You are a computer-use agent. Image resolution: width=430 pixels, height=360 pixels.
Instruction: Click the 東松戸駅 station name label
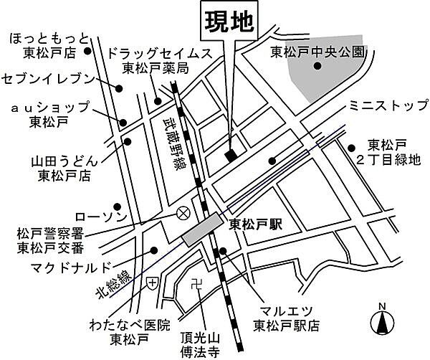256,224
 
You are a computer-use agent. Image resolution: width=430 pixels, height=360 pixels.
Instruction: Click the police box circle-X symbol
183,213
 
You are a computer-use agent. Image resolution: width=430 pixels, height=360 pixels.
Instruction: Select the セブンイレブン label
48,77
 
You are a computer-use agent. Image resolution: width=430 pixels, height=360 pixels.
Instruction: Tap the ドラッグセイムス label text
160,53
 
